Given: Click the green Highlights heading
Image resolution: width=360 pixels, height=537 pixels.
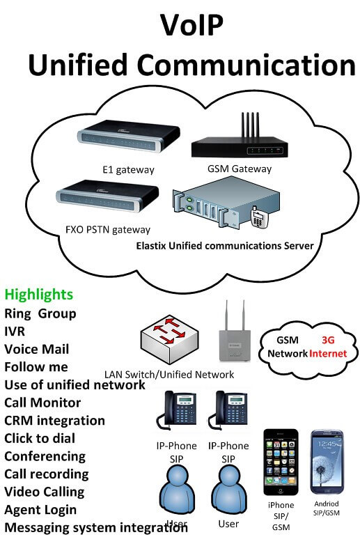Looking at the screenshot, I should pos(38,294).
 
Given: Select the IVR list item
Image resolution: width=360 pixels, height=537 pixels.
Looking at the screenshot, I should pos(15,331).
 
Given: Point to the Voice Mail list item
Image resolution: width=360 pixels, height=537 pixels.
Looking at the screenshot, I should pos(36,349).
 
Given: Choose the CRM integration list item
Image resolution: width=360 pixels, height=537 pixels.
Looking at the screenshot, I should pos(54,421).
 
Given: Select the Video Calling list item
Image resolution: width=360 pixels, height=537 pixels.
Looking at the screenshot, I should pos(44,492).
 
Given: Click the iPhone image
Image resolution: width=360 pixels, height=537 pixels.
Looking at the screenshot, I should pos(281,462).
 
